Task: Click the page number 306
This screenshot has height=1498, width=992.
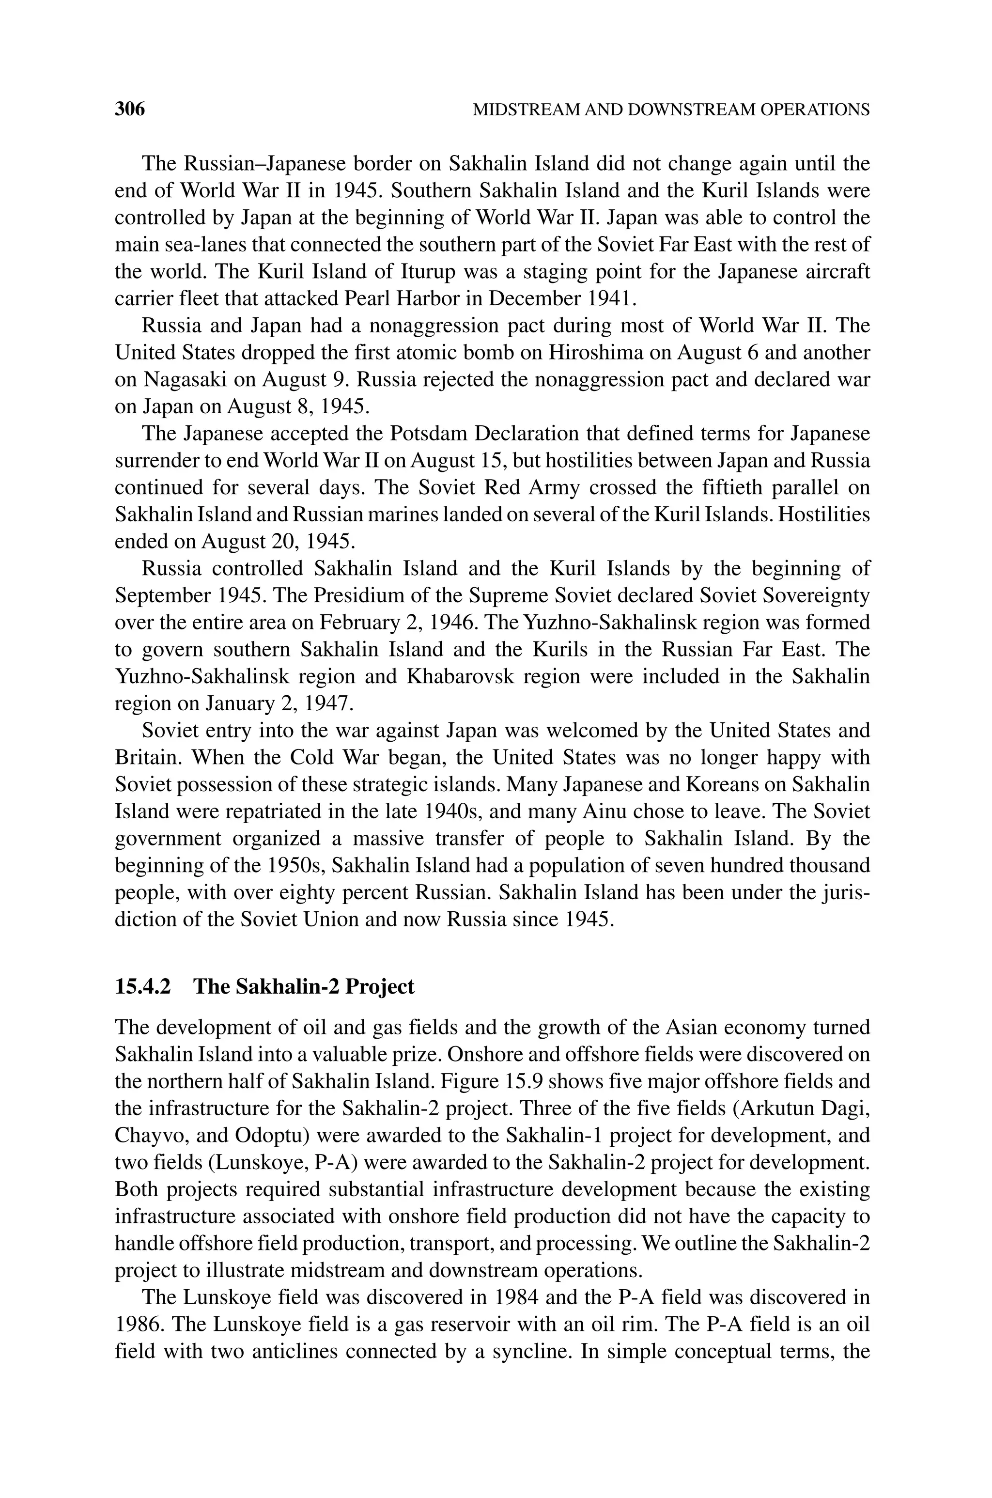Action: tap(130, 109)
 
